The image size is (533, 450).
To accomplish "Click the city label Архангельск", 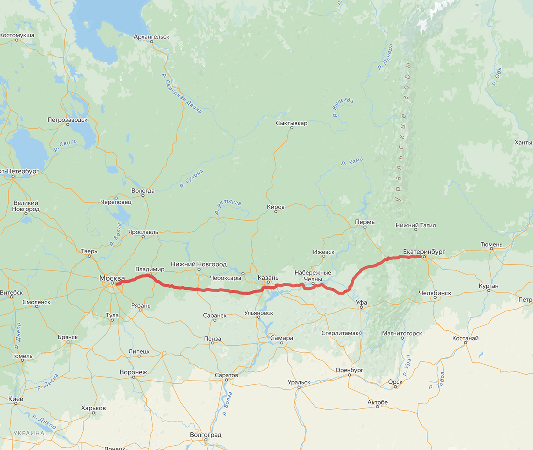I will pos(151,37).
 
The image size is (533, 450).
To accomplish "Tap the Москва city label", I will pos(112,278).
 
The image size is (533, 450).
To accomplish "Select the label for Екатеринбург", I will pos(424,252).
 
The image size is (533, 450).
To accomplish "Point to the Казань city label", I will pos(268,278).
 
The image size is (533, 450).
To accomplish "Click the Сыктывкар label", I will pos(292,123).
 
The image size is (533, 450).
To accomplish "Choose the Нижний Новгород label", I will pos(199,264).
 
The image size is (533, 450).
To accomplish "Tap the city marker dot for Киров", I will pos(276,212).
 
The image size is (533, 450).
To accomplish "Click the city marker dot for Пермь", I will pos(365,227).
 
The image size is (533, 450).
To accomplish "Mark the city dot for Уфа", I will pos(361,307).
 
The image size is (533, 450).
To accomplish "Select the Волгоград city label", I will pos(205,435).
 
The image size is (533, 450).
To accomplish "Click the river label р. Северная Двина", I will pos(182,93).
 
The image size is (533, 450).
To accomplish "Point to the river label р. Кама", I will pos(352,161).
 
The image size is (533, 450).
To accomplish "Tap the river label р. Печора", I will pos(385,57).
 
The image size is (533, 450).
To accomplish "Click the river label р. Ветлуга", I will pos(228,207).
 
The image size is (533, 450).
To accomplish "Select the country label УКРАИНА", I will pos(29,433).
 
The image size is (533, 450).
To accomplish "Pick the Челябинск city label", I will pos(435,293).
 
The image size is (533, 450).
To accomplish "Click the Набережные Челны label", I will pos(313,276).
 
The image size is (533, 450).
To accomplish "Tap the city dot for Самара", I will pos(282,343).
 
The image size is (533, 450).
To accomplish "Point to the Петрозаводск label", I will pos(67,120).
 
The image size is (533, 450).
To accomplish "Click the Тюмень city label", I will pos(491,244).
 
